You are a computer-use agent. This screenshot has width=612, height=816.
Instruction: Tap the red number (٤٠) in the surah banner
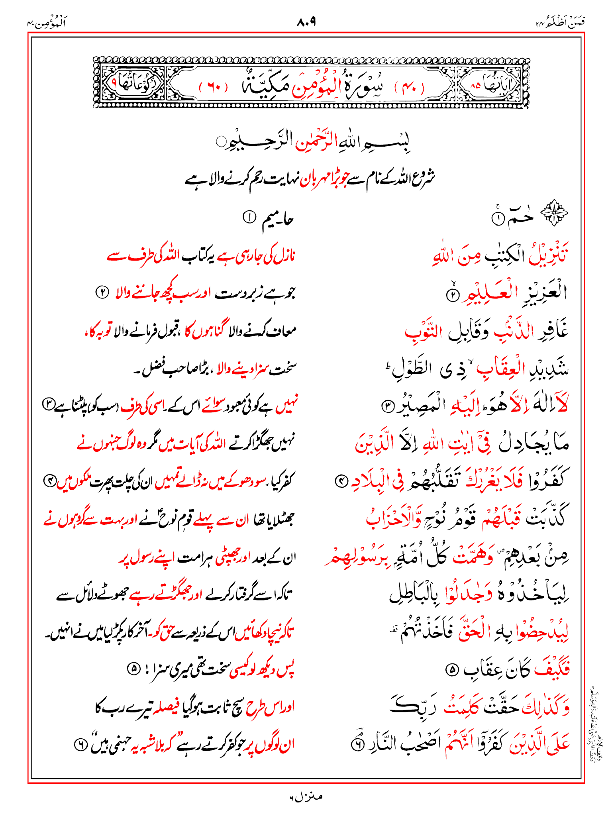[x=410, y=86]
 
